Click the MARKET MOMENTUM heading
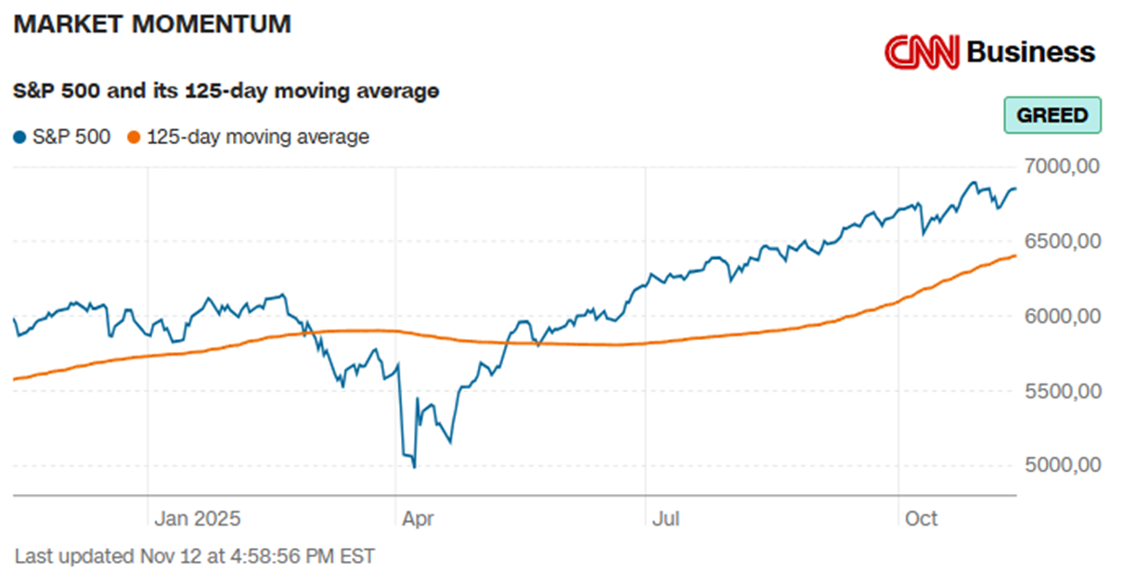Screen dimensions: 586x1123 click(152, 25)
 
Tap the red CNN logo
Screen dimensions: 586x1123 click(921, 52)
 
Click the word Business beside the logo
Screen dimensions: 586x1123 click(1030, 52)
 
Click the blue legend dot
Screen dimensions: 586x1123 click(19, 138)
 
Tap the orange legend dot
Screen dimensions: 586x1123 click(133, 138)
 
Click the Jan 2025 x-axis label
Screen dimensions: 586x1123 click(197, 518)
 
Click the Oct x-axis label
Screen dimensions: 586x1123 click(921, 518)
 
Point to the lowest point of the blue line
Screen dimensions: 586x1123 click(414, 467)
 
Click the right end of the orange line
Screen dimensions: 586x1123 click(1015, 255)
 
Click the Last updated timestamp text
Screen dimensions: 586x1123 click(195, 557)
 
